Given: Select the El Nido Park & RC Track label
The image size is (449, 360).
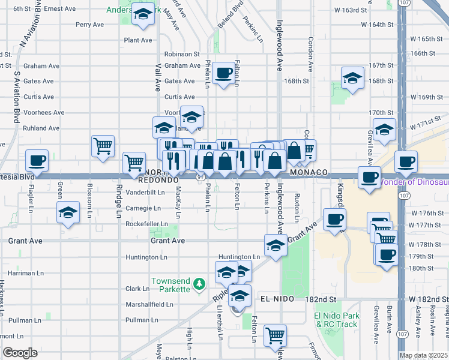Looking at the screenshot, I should tap(336, 320).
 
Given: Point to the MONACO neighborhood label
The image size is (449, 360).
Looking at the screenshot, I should tap(309, 172).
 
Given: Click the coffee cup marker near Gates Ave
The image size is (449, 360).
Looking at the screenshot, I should tap(224, 73).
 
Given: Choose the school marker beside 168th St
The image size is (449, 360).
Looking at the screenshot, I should tap(352, 77).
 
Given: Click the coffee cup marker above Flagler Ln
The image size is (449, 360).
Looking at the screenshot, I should tap(37, 160).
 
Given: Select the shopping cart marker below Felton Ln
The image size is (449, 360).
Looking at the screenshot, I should tap(275, 335).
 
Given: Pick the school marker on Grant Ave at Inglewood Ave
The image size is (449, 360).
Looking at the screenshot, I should tap(275, 245).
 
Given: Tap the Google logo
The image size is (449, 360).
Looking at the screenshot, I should tap(20, 353).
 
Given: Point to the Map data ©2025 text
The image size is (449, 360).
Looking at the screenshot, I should tap(423, 355).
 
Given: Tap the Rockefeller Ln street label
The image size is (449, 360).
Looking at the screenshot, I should tap(146, 224).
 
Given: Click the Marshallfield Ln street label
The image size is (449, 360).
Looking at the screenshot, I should tap(150, 305).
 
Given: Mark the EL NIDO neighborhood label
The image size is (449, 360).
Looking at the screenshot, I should tap(277, 299).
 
